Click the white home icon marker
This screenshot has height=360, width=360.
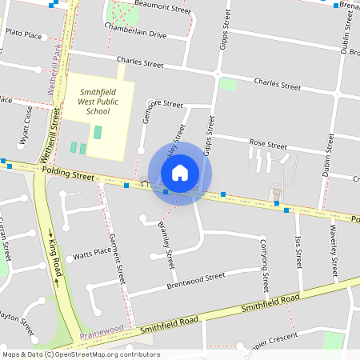[180, 173]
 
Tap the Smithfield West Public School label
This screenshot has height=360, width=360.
[100, 102]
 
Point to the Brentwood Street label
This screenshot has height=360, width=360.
[196, 281]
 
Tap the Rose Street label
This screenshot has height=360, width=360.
[267, 146]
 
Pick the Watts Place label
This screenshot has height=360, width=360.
[92, 253]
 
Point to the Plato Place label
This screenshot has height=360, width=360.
[23, 34]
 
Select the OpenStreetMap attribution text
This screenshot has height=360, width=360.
[81, 354]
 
